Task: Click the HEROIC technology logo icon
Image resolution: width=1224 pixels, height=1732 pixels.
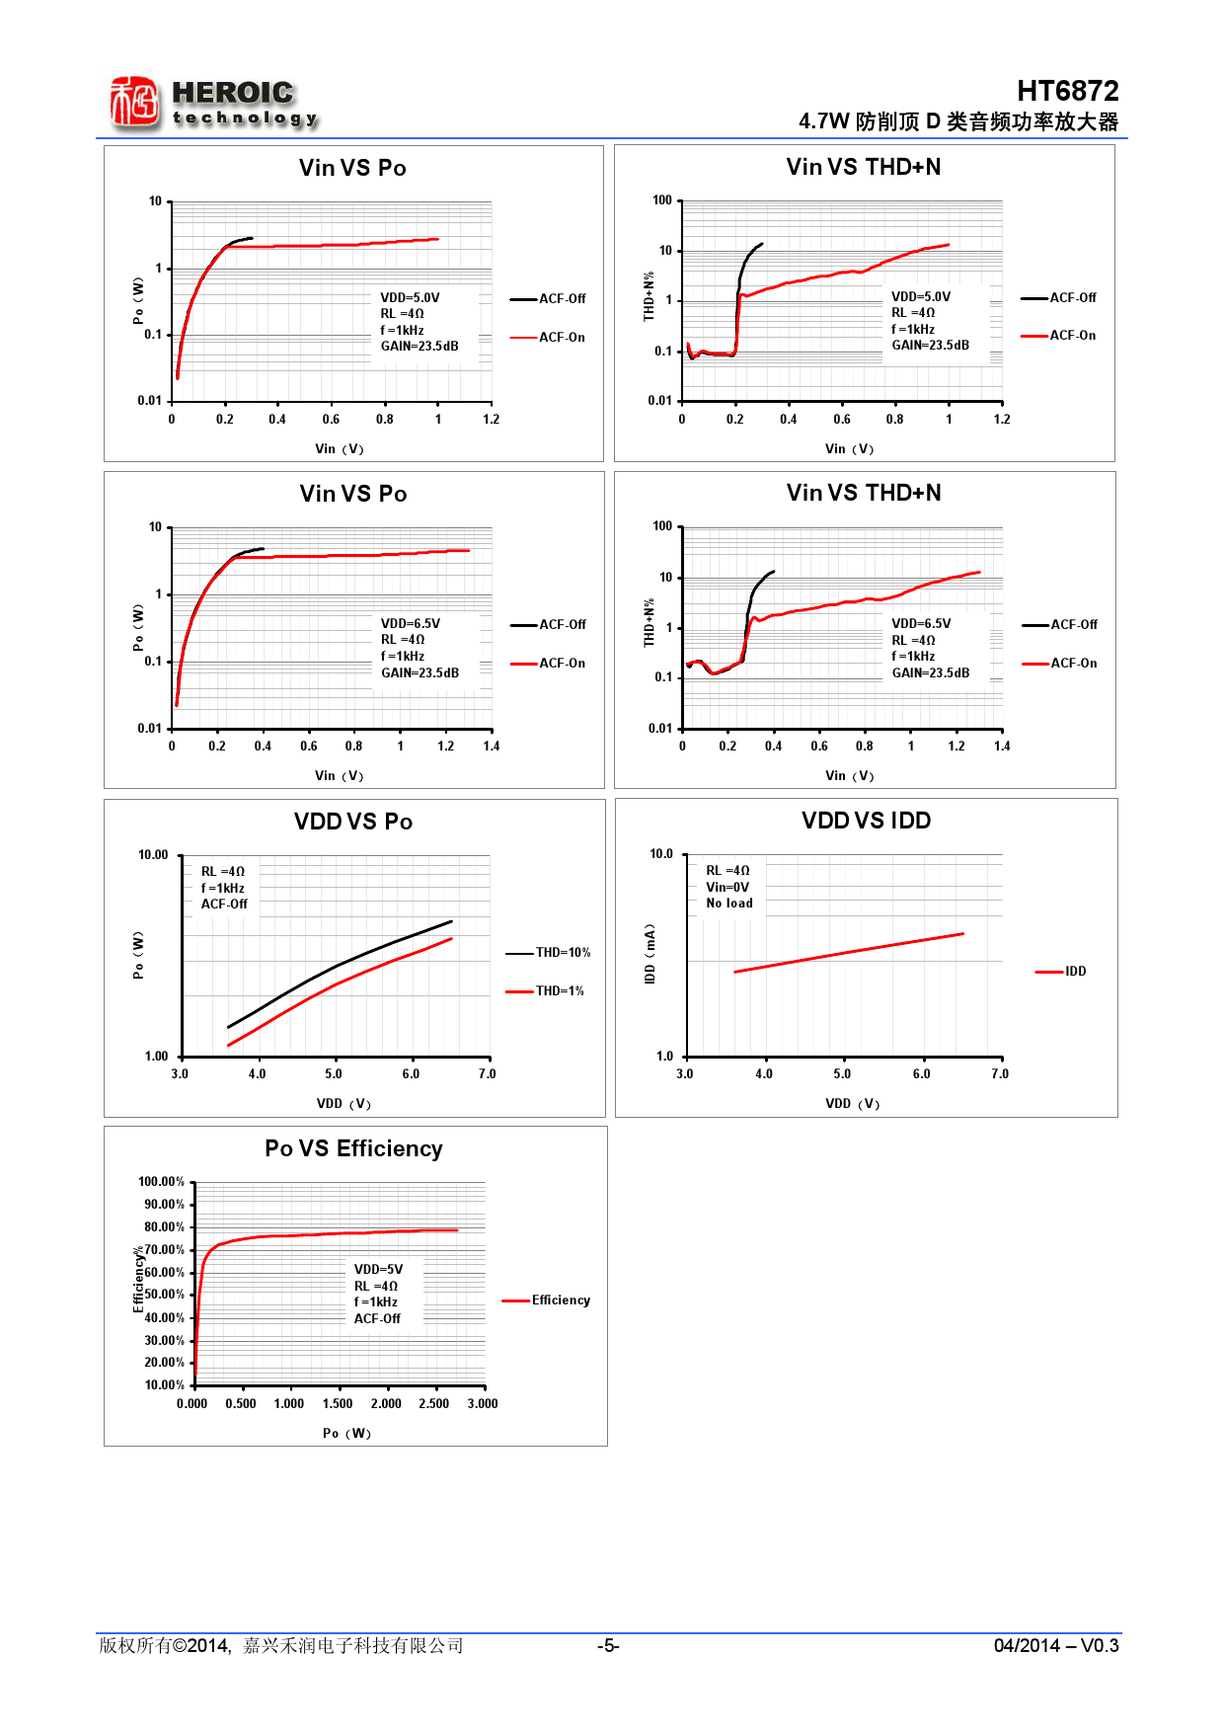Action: click(x=134, y=103)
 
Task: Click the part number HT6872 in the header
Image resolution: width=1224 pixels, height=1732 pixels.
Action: click(x=1067, y=91)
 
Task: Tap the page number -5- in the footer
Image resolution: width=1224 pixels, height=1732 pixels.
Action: click(x=608, y=1645)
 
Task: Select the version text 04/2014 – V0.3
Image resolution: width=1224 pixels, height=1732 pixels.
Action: click(x=1055, y=1645)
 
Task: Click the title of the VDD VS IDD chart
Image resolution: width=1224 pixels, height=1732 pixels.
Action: click(x=866, y=821)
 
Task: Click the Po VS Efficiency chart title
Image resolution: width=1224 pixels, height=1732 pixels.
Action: click(x=353, y=1148)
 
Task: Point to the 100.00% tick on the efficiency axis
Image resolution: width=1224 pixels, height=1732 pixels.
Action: click(x=162, y=1182)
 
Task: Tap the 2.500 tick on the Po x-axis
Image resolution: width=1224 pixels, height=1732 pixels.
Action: click(x=434, y=1404)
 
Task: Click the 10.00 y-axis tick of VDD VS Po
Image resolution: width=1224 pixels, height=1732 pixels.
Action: click(x=153, y=855)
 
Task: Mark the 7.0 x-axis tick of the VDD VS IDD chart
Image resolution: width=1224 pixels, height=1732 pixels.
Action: click(x=1000, y=1074)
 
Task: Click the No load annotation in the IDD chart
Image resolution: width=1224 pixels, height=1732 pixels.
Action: click(x=729, y=904)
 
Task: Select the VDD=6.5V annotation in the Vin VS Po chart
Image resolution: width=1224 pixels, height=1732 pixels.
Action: click(x=411, y=624)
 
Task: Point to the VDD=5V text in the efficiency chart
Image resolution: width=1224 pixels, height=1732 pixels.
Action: click(x=378, y=1270)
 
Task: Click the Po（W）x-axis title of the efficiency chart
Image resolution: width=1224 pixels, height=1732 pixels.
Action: click(x=346, y=1434)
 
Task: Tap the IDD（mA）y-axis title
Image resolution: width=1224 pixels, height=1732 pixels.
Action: click(x=650, y=954)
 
